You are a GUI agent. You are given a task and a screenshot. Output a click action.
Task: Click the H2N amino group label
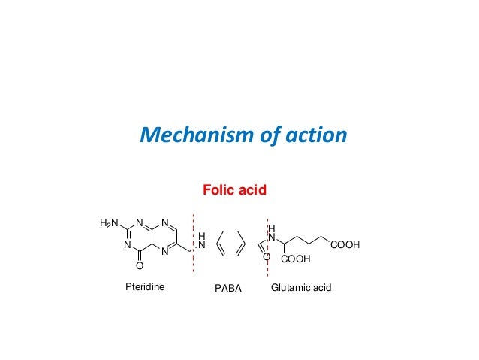(x=110, y=223)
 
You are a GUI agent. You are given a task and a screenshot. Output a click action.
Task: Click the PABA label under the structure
(x=228, y=288)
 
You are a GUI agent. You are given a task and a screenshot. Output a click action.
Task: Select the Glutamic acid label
(x=301, y=287)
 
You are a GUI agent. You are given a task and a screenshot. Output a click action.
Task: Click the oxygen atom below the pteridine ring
(x=139, y=265)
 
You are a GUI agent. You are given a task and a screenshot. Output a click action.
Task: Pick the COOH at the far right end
(x=345, y=245)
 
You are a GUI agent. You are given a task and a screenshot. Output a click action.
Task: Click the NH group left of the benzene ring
(x=201, y=241)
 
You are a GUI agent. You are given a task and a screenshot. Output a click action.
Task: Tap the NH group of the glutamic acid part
(x=272, y=234)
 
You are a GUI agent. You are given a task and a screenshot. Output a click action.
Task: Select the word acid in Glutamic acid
(x=321, y=287)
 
